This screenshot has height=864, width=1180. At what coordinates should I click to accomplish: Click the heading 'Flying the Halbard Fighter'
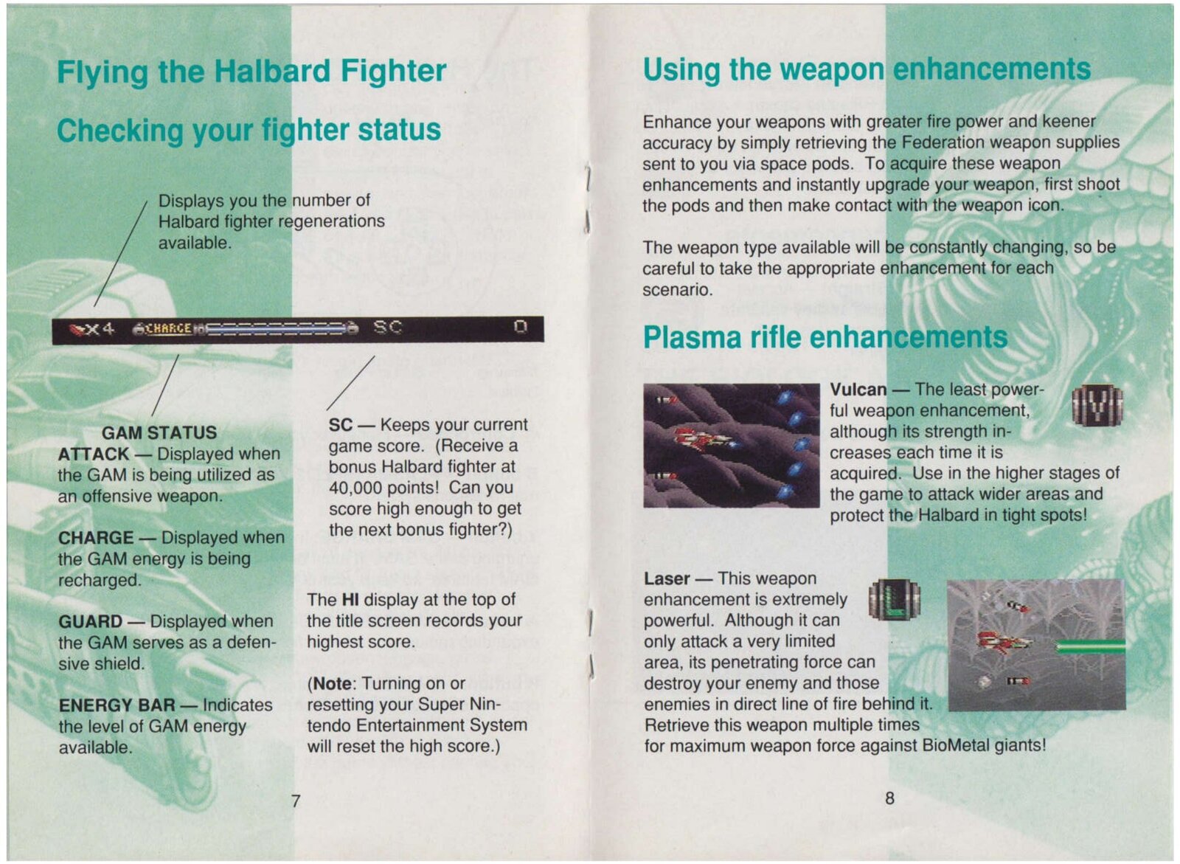pos(251,72)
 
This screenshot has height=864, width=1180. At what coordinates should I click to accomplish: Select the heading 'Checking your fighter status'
pos(249,130)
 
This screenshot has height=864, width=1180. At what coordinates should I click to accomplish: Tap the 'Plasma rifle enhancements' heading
pos(825,337)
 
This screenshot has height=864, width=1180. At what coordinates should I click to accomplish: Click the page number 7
pos(296,801)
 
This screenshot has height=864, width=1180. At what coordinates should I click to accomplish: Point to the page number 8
pos(889,798)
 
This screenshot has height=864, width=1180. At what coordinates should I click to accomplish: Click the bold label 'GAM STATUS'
pos(159,433)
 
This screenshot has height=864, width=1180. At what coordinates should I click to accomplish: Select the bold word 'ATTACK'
pos(94,454)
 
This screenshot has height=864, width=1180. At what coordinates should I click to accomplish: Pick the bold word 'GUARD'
pos(91,621)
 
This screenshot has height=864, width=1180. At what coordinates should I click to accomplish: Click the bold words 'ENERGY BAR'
pos(117,705)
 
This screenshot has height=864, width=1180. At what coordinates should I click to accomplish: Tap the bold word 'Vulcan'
pos(858,390)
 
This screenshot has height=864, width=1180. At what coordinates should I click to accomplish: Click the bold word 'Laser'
pos(667,578)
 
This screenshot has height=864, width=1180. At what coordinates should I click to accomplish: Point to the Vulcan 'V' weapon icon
pos(1098,405)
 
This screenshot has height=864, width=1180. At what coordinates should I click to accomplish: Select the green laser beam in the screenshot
pos(1091,646)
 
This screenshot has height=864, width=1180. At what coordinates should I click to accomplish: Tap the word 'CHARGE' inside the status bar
pos(168,329)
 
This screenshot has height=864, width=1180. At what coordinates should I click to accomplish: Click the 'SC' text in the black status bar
pos(388,328)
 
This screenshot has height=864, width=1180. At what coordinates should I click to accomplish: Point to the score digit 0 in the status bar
pos(521,328)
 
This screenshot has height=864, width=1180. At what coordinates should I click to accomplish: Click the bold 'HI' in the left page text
pos(350,600)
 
